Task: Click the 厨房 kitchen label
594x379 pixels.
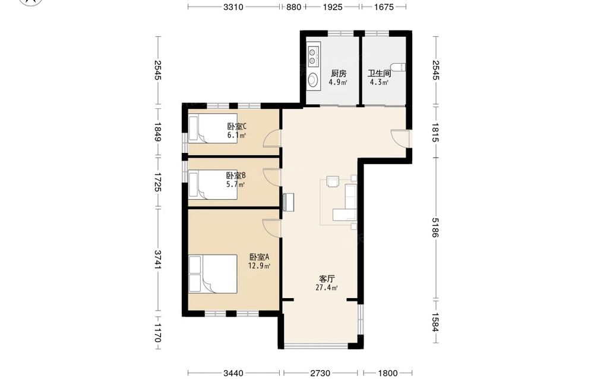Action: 339,73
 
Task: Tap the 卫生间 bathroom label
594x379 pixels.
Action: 379,73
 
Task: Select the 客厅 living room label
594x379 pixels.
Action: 327,279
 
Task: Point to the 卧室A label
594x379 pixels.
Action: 259,257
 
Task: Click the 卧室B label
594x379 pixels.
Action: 236,176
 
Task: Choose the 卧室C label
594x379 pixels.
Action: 237,126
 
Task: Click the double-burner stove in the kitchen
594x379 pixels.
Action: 313,55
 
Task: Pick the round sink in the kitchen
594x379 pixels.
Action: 313,80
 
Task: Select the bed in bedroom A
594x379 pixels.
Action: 213,274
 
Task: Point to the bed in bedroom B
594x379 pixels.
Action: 213,185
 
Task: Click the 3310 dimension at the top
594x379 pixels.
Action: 233,7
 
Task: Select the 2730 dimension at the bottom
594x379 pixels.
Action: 320,373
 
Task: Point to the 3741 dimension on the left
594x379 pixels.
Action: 157,259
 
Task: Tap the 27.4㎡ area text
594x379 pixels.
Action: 327,287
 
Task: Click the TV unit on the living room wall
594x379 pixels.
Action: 288,202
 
